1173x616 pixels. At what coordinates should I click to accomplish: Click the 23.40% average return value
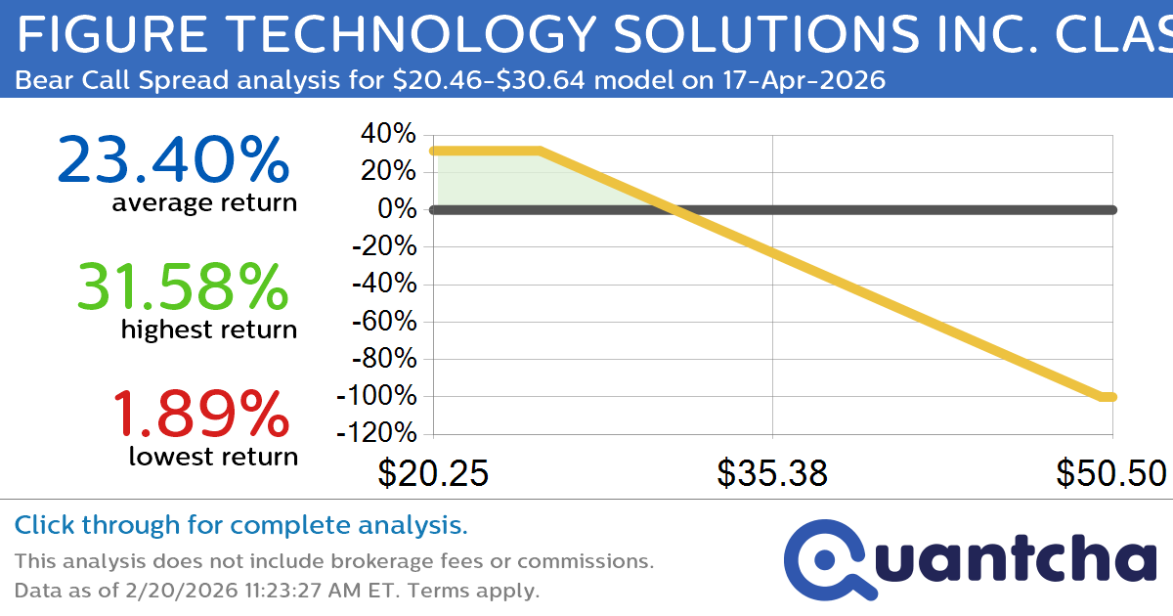pyautogui.click(x=174, y=161)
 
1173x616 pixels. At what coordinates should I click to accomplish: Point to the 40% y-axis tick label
pyautogui.click(x=390, y=134)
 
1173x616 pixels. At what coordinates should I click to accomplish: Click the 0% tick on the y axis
pyautogui.click(x=400, y=209)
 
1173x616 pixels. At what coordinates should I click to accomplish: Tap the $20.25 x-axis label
pyautogui.click(x=433, y=473)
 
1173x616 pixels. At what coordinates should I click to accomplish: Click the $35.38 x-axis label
pyautogui.click(x=772, y=473)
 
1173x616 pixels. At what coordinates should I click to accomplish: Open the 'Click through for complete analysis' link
pyautogui.click(x=241, y=525)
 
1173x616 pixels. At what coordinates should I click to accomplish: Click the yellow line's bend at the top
pyautogui.click(x=540, y=151)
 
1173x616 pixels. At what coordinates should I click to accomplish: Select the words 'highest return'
pyautogui.click(x=209, y=330)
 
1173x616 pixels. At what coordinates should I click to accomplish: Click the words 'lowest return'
pyautogui.click(x=213, y=457)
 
